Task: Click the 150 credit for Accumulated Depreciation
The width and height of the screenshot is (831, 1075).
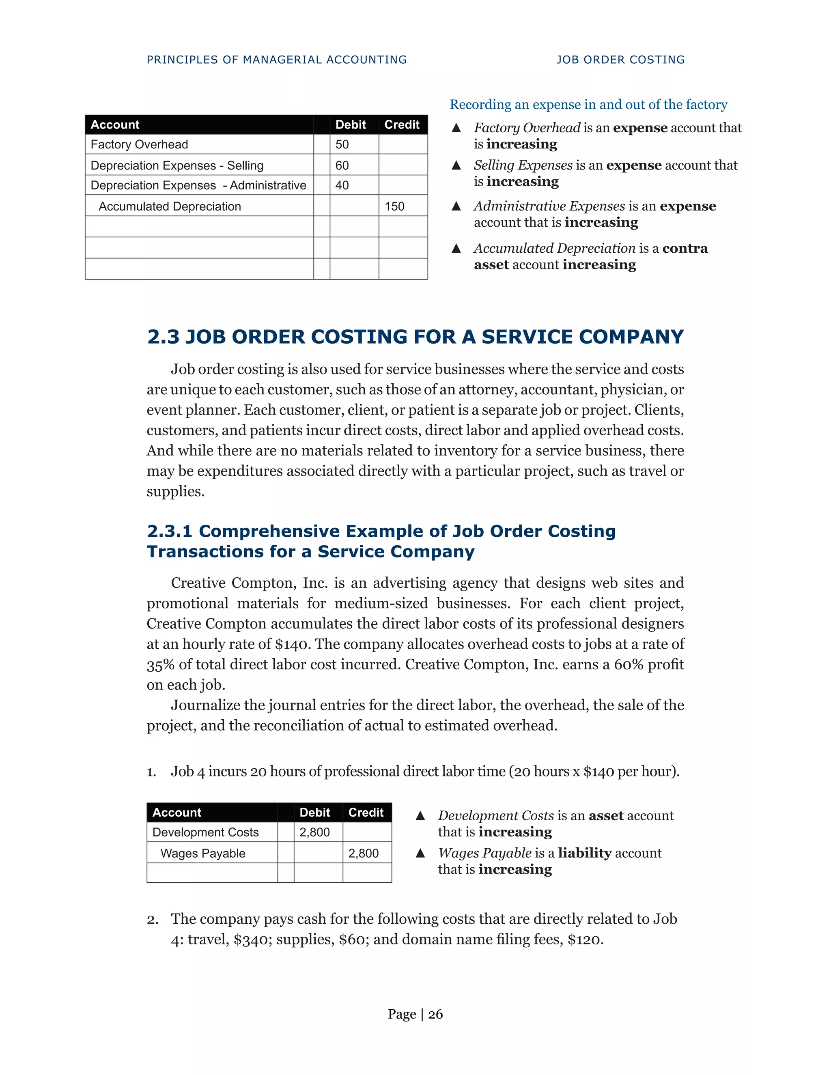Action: point(394,206)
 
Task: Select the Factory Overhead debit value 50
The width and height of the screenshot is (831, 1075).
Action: point(342,144)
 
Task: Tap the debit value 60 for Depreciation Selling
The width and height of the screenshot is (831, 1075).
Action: point(342,166)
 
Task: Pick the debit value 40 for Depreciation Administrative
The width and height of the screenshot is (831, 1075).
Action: point(342,185)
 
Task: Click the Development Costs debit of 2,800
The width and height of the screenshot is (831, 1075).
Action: point(314,832)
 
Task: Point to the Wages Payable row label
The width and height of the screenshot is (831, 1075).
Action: point(203,854)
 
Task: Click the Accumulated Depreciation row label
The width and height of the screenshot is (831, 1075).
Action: point(170,206)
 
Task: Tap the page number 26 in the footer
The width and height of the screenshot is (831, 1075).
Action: point(435,1015)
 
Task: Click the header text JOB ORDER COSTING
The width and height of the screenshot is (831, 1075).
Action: point(620,60)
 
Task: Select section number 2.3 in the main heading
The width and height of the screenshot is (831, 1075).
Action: point(164,337)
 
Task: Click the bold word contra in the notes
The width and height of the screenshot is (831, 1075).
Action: point(685,248)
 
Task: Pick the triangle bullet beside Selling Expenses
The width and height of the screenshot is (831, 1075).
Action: point(456,166)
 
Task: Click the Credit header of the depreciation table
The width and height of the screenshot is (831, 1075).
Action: point(402,125)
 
